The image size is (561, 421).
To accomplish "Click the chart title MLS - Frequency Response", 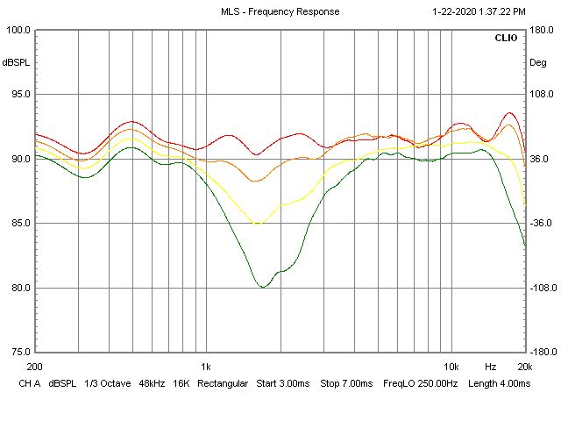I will (x=280, y=11).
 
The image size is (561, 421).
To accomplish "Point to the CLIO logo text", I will (x=506, y=39).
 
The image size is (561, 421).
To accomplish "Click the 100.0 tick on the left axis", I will (x=18, y=30).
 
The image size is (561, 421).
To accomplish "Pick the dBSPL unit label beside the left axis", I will (x=16, y=62).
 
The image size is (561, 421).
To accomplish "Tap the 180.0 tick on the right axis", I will (x=541, y=30).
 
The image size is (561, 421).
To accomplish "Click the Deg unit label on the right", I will (x=537, y=62).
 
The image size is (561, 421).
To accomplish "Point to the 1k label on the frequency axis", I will (x=205, y=366).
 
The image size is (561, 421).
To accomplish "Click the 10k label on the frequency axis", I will (x=451, y=366).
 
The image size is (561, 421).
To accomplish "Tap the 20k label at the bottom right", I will (x=523, y=366).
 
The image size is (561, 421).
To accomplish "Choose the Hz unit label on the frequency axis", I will (x=491, y=366).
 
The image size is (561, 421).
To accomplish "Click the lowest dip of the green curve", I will (x=262, y=287).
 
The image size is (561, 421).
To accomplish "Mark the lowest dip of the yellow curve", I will (x=258, y=224).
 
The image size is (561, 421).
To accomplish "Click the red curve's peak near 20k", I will (x=510, y=113).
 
